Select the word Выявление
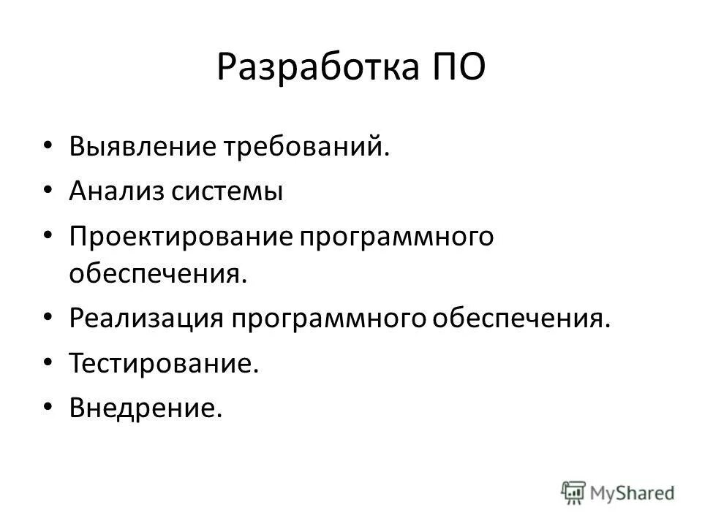point(143,148)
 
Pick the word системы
point(227,192)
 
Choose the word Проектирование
point(175,237)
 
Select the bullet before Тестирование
point(48,363)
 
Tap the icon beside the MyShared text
point(574,492)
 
